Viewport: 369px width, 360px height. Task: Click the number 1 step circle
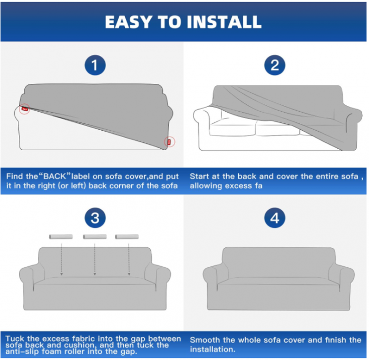point(95,65)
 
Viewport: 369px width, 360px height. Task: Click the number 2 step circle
point(275,65)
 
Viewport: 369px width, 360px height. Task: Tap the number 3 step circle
point(95,218)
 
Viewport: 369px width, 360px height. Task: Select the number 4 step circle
point(275,218)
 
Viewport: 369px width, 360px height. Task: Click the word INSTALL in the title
point(224,22)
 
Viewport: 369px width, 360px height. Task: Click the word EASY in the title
point(128,22)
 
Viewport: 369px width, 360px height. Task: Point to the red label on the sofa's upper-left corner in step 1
point(24,109)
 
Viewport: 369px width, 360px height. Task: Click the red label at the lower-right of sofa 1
point(169,142)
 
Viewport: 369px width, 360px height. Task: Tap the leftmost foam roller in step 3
point(61,237)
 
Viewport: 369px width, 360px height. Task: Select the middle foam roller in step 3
point(95,237)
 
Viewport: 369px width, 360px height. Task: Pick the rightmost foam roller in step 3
point(127,237)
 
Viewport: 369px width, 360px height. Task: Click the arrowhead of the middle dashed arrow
point(95,274)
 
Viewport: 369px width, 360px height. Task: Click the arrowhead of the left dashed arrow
point(62,274)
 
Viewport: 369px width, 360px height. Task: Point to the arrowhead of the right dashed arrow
point(129,274)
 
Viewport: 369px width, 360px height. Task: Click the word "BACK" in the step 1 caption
point(54,176)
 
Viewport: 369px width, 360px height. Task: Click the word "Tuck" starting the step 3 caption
point(15,338)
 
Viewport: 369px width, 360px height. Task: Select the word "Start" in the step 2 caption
point(200,176)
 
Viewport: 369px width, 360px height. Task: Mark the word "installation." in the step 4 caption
point(212,349)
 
